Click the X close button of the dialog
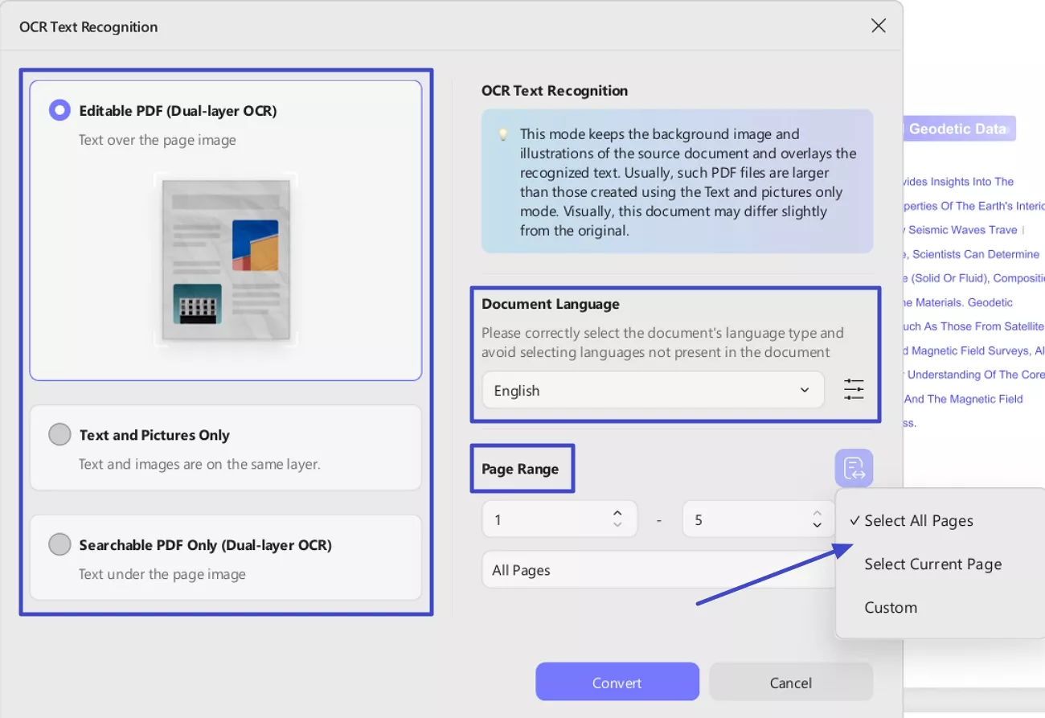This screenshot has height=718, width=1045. click(879, 26)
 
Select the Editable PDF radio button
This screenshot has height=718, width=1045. click(59, 110)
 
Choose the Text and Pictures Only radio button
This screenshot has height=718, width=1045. click(59, 435)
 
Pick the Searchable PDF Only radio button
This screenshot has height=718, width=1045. click(59, 544)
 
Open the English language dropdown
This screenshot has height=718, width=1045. click(653, 390)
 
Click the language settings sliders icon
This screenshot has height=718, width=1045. click(854, 390)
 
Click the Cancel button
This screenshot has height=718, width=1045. click(791, 683)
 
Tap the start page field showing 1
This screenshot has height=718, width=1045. click(547, 519)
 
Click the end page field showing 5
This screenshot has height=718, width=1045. click(748, 519)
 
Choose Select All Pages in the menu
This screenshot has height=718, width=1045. click(918, 521)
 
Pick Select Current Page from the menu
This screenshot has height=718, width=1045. click(932, 564)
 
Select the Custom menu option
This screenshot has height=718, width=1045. click(891, 608)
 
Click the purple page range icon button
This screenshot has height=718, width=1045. click(854, 468)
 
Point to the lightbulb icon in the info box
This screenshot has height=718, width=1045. click(503, 134)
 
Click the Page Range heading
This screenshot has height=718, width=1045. click(520, 469)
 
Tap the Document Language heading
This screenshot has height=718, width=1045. click(551, 304)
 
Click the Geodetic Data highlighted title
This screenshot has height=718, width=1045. click(957, 129)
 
